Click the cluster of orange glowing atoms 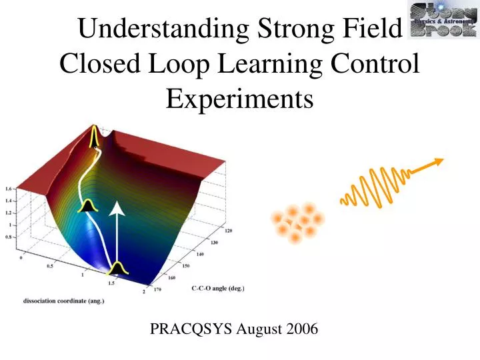pos(297,222)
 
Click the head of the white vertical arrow pos(117,209)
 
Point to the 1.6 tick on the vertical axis pos(9,188)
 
